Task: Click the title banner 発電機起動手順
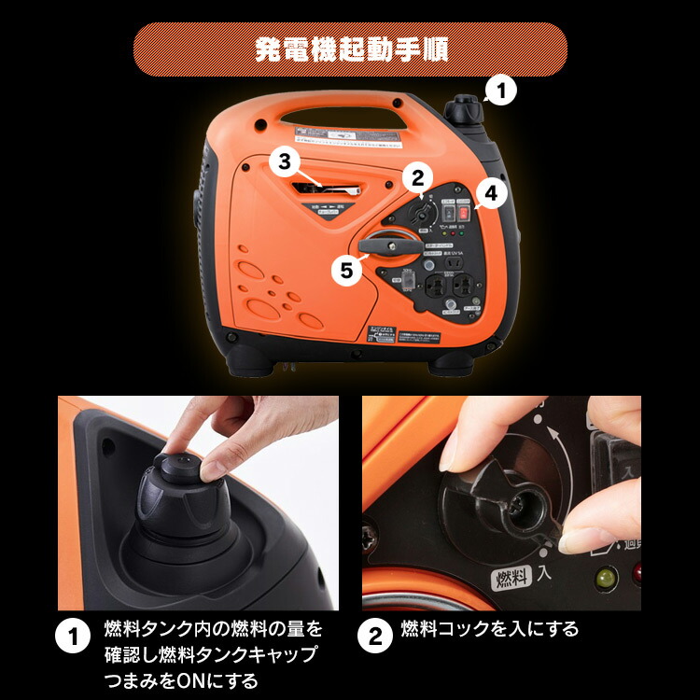pyautogui.click(x=350, y=49)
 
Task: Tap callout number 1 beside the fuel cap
pyautogui.click(x=500, y=91)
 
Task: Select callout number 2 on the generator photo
pyautogui.click(x=417, y=176)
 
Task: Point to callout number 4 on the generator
pyautogui.click(x=347, y=270)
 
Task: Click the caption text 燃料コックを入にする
pyautogui.click(x=489, y=629)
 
